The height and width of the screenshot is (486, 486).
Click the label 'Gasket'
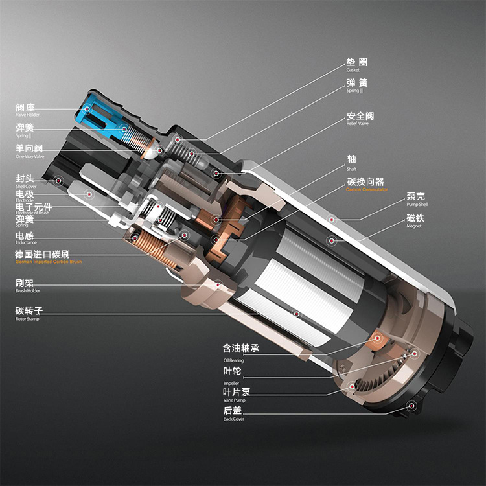(x=353, y=70)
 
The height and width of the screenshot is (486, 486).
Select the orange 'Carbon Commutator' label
(x=367, y=190)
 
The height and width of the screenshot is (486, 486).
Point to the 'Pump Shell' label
(x=417, y=205)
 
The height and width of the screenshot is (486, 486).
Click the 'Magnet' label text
(x=414, y=226)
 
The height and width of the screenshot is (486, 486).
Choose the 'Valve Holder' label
(x=27, y=115)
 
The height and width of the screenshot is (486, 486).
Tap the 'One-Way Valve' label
(x=30, y=156)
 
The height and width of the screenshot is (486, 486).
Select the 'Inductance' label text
(x=26, y=242)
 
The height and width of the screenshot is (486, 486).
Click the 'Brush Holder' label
(x=28, y=291)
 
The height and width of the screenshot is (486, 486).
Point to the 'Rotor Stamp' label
(x=27, y=319)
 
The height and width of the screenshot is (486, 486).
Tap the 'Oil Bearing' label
(x=233, y=360)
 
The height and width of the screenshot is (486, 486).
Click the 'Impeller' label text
(x=231, y=383)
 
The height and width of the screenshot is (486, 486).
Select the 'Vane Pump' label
(x=233, y=400)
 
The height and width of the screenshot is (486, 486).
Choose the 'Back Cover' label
(x=233, y=419)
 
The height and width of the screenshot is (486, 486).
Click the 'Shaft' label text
(x=352, y=168)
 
